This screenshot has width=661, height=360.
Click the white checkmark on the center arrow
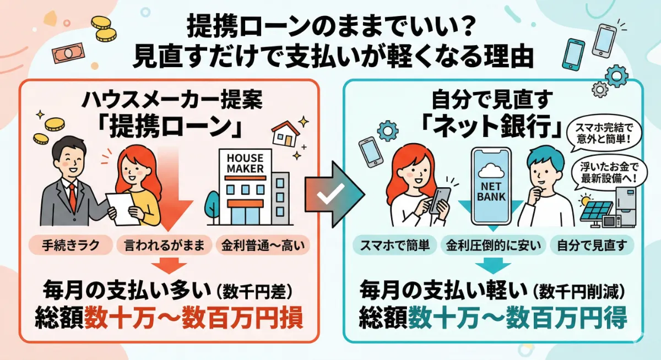pyautogui.click(x=330, y=194)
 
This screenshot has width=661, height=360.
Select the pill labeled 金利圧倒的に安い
pyautogui.click(x=492, y=245)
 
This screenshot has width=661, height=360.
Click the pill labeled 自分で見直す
pyautogui.click(x=592, y=245)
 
